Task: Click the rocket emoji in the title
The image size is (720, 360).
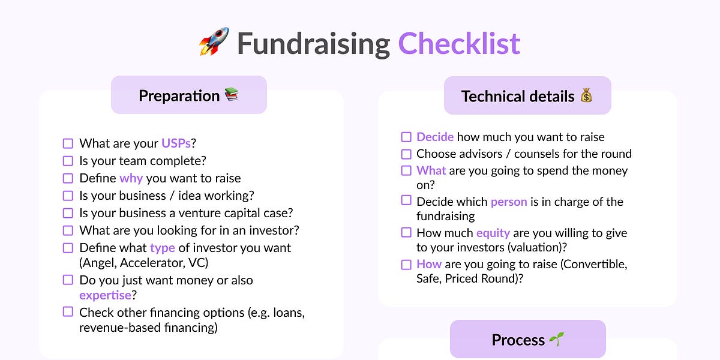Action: click(214, 42)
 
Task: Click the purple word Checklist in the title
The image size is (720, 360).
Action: click(459, 43)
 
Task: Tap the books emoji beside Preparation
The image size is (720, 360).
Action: click(232, 95)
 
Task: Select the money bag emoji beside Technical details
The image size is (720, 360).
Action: click(586, 95)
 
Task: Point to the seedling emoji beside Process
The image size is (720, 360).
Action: click(556, 340)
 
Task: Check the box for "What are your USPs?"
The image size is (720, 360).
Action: click(68, 143)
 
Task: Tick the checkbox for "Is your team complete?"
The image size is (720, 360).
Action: click(68, 161)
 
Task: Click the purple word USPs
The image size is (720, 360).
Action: click(176, 143)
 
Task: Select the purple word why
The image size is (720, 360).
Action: click(131, 178)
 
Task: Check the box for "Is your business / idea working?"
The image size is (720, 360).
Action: click(68, 196)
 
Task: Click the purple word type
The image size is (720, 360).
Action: click(162, 248)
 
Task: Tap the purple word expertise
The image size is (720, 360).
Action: click(105, 295)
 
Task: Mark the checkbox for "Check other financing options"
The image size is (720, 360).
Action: click(68, 312)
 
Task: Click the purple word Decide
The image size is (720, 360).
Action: click(435, 137)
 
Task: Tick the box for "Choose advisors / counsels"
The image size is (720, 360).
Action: click(406, 154)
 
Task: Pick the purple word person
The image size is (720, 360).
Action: click(509, 202)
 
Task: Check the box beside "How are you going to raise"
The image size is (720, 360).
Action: click(406, 264)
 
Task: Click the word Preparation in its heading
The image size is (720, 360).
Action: click(179, 95)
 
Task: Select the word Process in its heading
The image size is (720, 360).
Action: click(518, 340)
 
